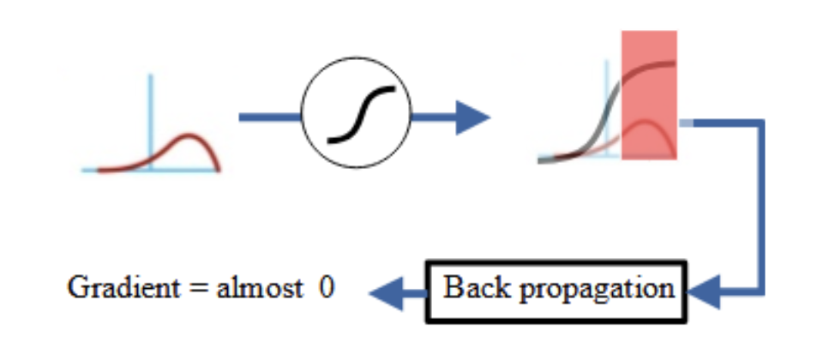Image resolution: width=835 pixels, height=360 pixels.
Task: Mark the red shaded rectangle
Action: click(x=649, y=94)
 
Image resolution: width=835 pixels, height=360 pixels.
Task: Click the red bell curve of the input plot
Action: click(x=184, y=142)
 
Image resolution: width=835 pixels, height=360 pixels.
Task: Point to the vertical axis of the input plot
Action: click(x=151, y=111)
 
